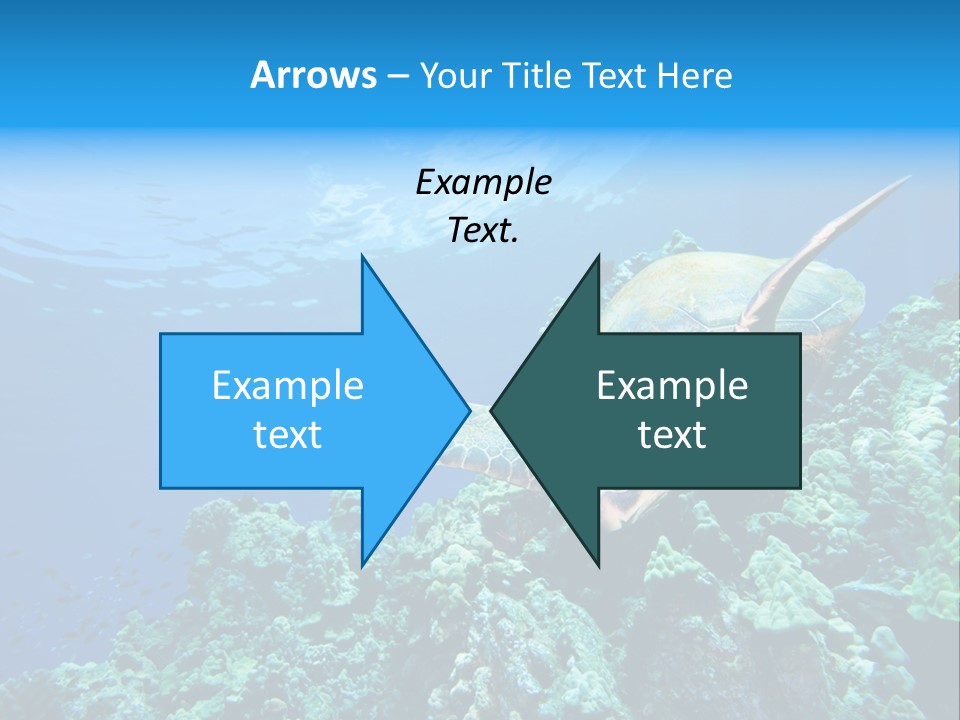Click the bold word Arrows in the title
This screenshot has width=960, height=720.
313,75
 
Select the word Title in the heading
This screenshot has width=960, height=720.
540,75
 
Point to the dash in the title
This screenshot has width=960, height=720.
396,77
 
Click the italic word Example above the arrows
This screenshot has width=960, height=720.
483,182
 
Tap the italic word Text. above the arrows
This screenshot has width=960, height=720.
483,230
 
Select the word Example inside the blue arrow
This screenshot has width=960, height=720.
288,385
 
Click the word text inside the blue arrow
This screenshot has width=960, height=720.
288,434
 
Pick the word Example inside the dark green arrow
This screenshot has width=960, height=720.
672,385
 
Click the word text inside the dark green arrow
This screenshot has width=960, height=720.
672,434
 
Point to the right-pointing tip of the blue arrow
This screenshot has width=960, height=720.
469,410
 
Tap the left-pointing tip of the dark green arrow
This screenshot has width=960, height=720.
491,410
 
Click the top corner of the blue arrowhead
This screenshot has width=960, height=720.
362,256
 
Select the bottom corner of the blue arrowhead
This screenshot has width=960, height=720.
362,566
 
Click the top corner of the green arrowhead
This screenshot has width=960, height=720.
598,256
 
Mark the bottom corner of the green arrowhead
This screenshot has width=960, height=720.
598,566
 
